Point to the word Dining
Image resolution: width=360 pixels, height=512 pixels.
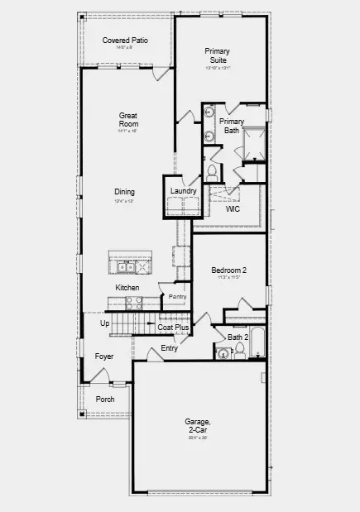coord(125,192)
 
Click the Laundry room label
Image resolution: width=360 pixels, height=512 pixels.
coord(183,192)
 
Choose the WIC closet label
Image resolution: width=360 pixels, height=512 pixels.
coord(233,209)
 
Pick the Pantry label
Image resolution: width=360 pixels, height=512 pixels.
coord(177,296)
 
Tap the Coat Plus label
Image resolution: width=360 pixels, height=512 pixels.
coord(174,328)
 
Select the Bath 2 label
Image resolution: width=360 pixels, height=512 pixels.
coord(238,337)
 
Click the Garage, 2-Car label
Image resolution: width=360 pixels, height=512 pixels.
coord(197,426)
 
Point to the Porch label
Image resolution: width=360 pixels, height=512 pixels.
coord(105,399)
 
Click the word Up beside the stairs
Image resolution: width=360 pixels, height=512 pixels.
coord(105,323)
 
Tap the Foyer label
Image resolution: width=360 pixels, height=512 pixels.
coord(104,356)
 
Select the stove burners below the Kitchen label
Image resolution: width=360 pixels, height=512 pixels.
coord(134,304)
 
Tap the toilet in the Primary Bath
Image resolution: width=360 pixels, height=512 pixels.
coord(213,172)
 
